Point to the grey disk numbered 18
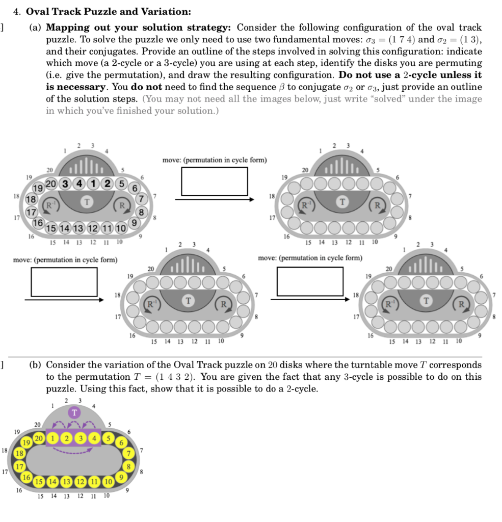[x=31, y=199]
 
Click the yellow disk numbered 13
[x=66, y=481]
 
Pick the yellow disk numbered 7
[x=130, y=453]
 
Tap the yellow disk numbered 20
[x=39, y=439]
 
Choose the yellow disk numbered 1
[x=52, y=437]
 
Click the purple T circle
[x=75, y=412]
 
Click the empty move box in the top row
[x=214, y=181]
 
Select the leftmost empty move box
[x=64, y=281]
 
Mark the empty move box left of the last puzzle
[x=309, y=281]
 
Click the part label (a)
[x=35, y=28]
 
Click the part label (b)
[x=35, y=365]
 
